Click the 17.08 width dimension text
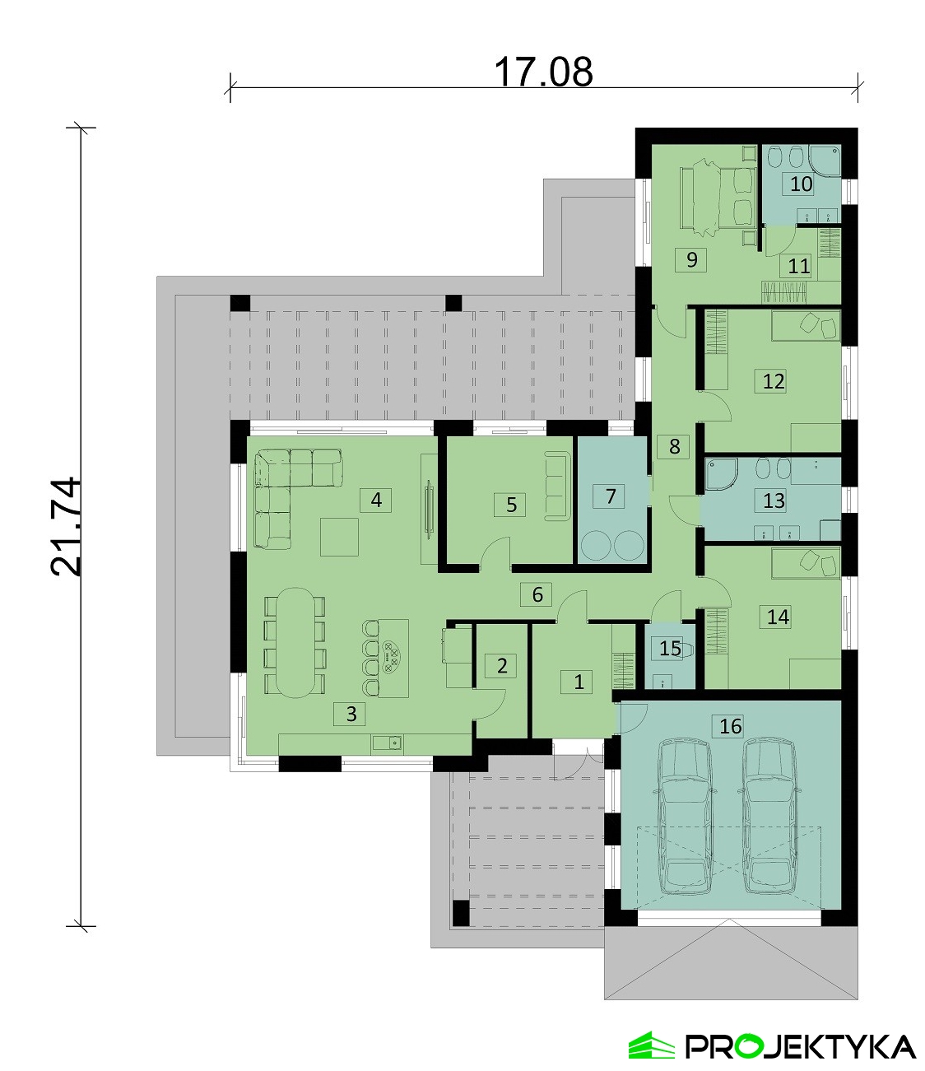coord(544,72)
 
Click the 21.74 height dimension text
coord(67,527)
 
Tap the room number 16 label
coord(730,726)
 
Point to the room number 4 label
coord(377,500)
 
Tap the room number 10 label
coord(802,184)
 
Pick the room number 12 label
coord(774,381)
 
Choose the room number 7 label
coord(611,496)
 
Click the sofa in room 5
coord(557,486)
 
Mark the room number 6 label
coord(537,594)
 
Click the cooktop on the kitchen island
coord(390,656)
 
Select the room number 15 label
coord(670,648)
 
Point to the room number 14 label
coord(778,617)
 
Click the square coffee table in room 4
coord(339,537)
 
